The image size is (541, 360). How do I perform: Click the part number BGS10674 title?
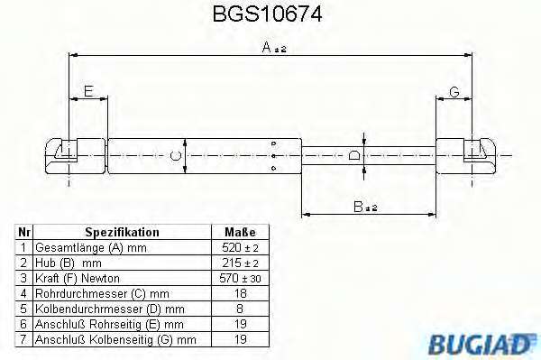268,14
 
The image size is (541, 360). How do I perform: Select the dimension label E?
88,91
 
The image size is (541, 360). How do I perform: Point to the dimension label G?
454,92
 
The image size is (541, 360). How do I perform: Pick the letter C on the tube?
176,155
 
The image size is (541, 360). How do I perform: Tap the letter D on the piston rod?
353,155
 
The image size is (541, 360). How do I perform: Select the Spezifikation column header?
122,232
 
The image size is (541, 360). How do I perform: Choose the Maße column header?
240,232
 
